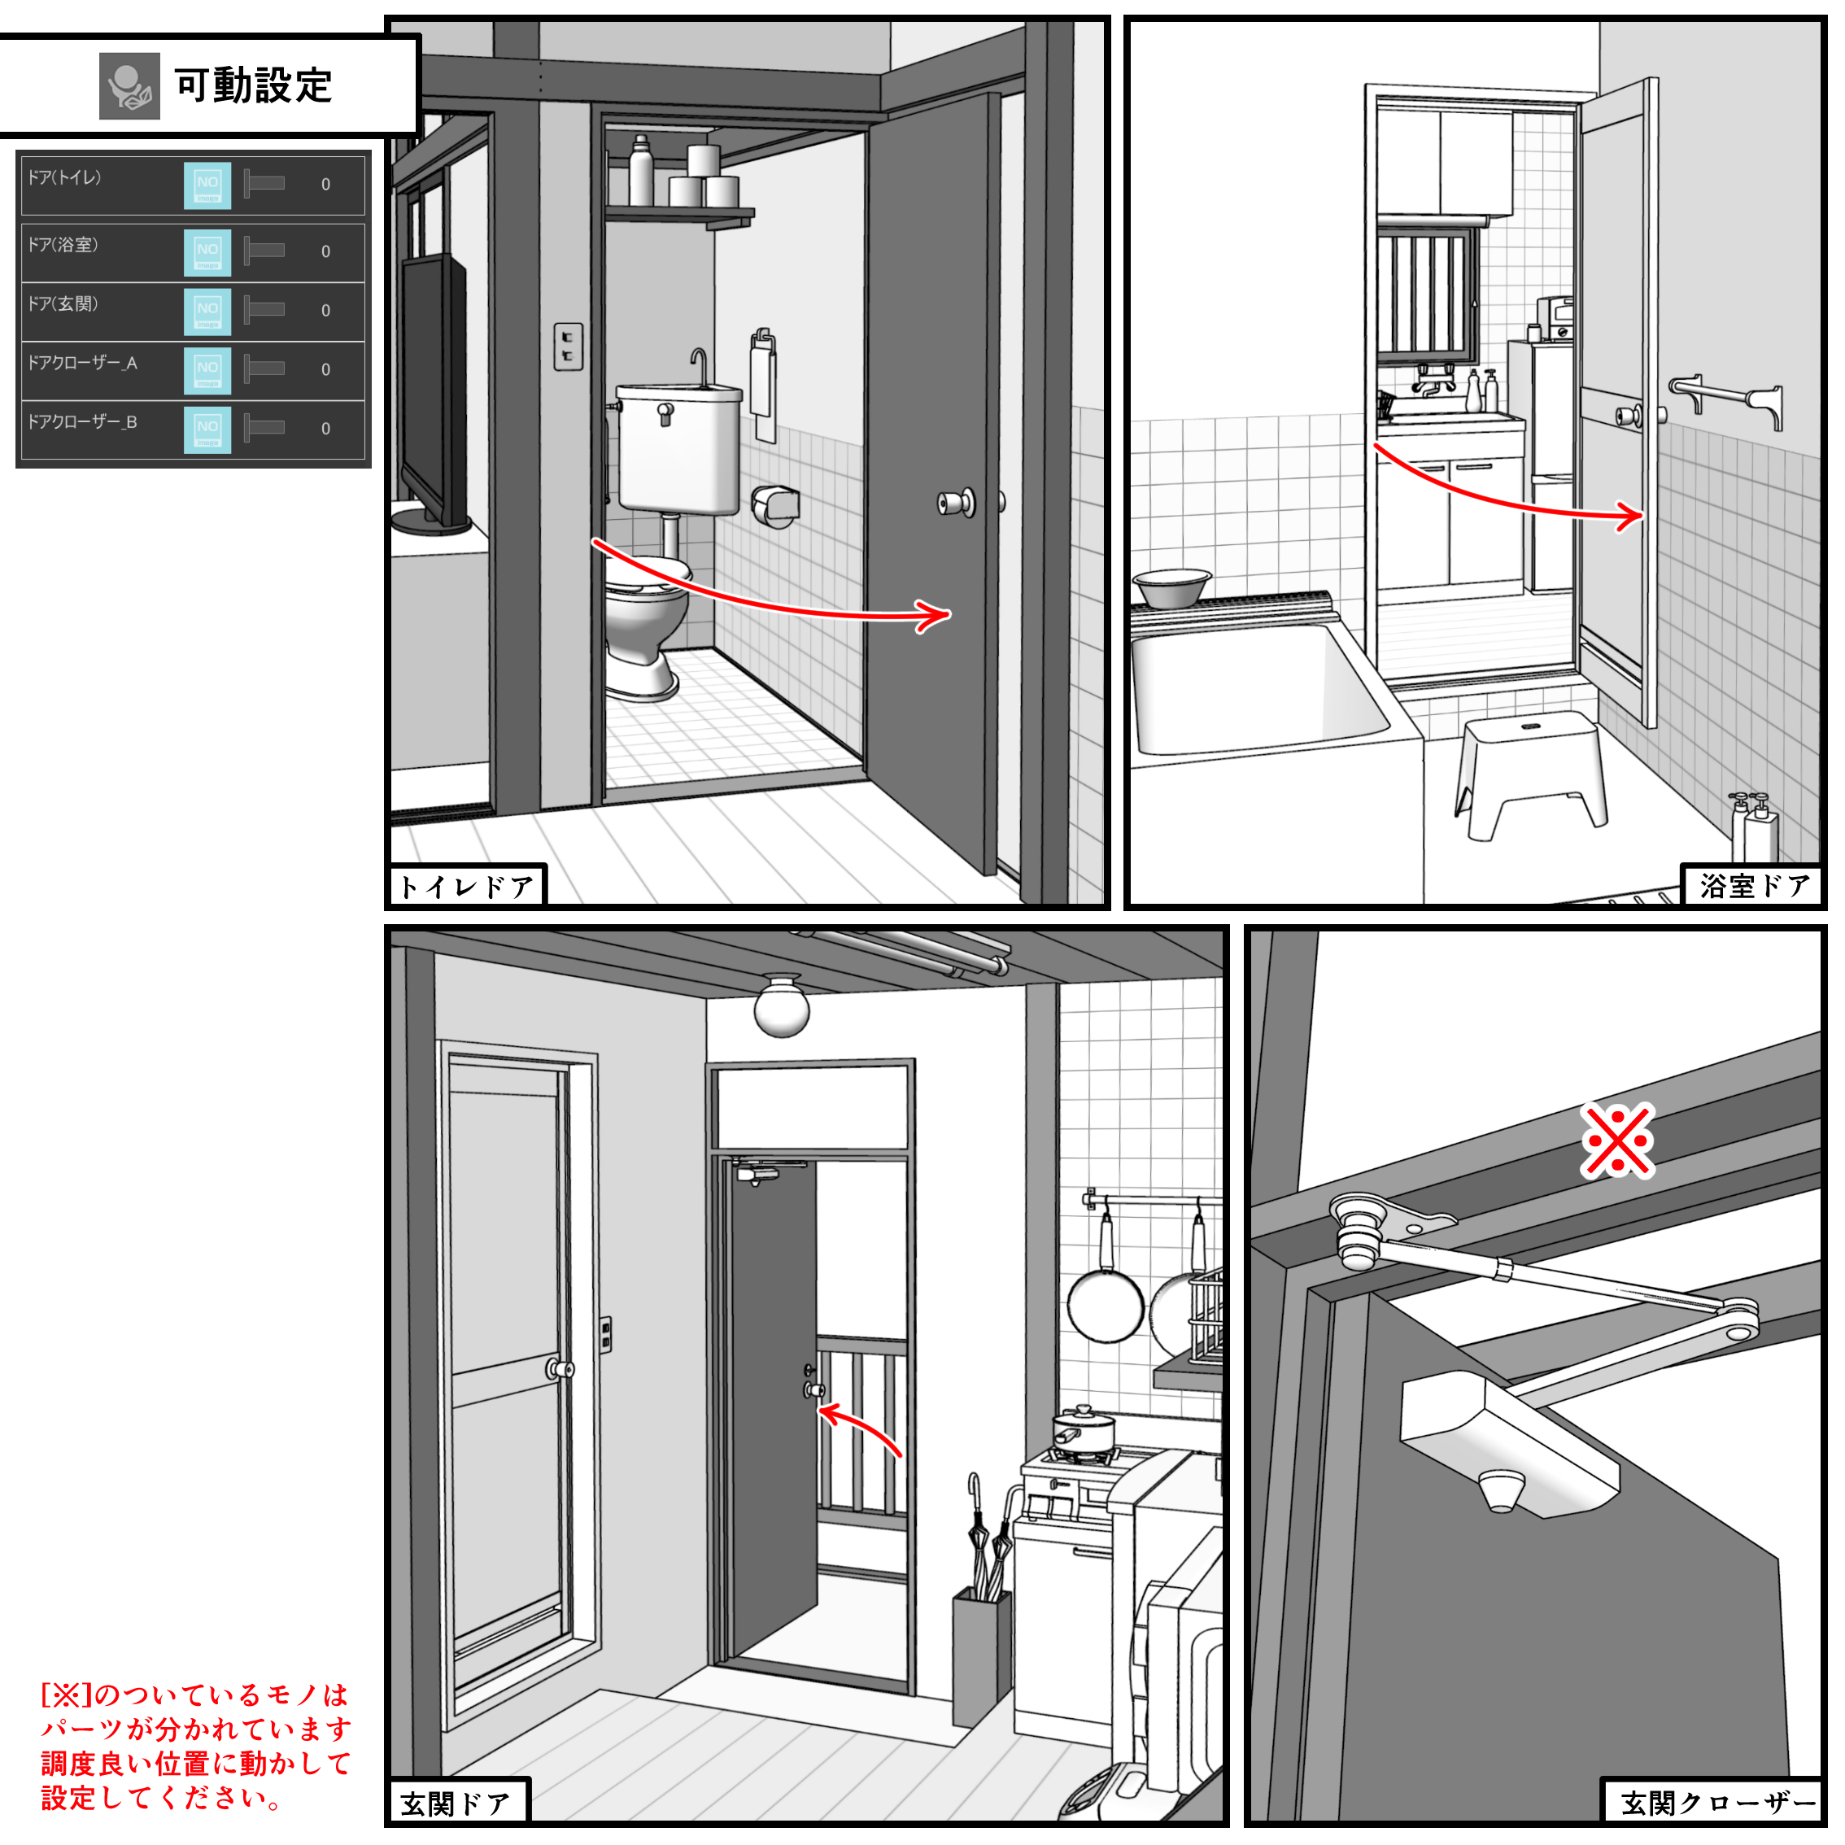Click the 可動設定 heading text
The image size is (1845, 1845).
[253, 86]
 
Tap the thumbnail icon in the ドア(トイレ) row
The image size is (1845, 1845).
[207, 185]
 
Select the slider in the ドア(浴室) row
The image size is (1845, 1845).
[264, 251]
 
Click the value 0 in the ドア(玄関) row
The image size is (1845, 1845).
[325, 312]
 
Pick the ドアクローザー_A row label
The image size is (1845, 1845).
[82, 363]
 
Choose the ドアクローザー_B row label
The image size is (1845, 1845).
[82, 422]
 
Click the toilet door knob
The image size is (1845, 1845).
[956, 502]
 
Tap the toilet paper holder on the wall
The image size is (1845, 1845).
[774, 505]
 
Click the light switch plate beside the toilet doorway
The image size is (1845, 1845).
[568, 346]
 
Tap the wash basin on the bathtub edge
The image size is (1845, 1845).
[1171, 587]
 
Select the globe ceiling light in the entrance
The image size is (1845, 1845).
[781, 1006]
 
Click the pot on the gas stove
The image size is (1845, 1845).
[1083, 1428]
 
